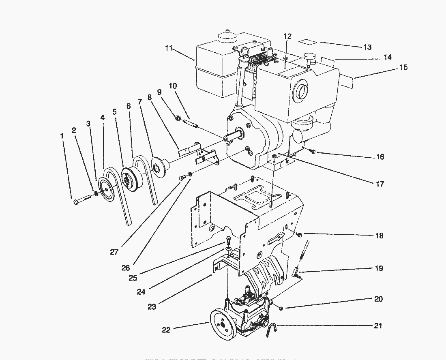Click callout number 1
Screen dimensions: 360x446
click(62, 136)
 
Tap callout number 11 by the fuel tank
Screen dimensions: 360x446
click(169, 48)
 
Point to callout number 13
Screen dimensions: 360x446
click(367, 47)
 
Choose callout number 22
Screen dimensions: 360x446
click(166, 330)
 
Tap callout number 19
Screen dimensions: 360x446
click(379, 268)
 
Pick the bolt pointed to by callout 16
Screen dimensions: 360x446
click(312, 152)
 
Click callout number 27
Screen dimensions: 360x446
click(114, 252)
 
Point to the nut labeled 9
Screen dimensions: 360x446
click(178, 118)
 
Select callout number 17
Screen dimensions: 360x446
click(379, 184)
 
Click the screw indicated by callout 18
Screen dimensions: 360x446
click(299, 234)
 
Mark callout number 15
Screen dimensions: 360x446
click(403, 67)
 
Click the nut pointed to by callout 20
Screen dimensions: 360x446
click(281, 309)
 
